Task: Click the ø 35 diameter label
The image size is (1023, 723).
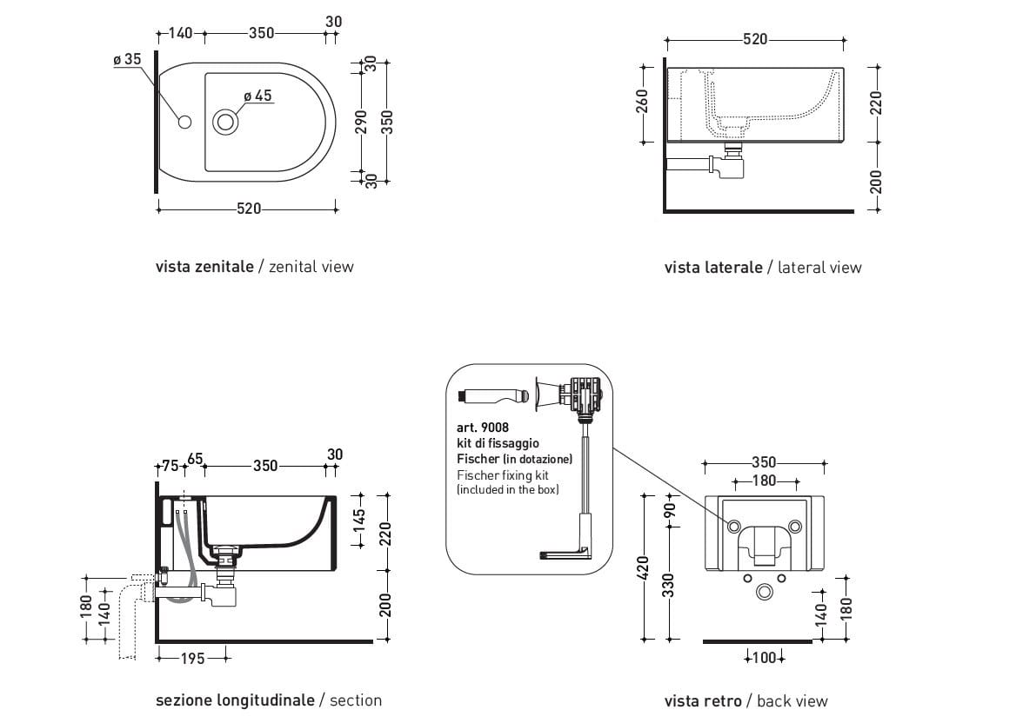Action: click(127, 60)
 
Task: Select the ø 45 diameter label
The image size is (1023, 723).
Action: click(257, 96)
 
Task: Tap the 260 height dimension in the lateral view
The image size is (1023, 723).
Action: click(643, 103)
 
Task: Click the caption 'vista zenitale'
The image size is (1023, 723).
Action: click(204, 267)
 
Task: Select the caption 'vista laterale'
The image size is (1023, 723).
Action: click(713, 268)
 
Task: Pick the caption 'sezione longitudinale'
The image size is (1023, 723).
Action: click(235, 700)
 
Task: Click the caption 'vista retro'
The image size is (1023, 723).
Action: click(703, 701)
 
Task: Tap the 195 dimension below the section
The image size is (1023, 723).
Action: click(191, 659)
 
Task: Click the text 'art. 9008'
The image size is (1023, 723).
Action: click(483, 428)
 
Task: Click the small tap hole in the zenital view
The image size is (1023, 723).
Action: click(184, 122)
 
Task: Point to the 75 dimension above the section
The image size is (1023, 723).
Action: click(170, 466)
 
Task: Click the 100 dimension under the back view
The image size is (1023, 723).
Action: click(765, 658)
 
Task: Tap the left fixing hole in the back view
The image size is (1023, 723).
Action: click(733, 527)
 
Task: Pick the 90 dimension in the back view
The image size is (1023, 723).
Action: click(670, 511)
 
